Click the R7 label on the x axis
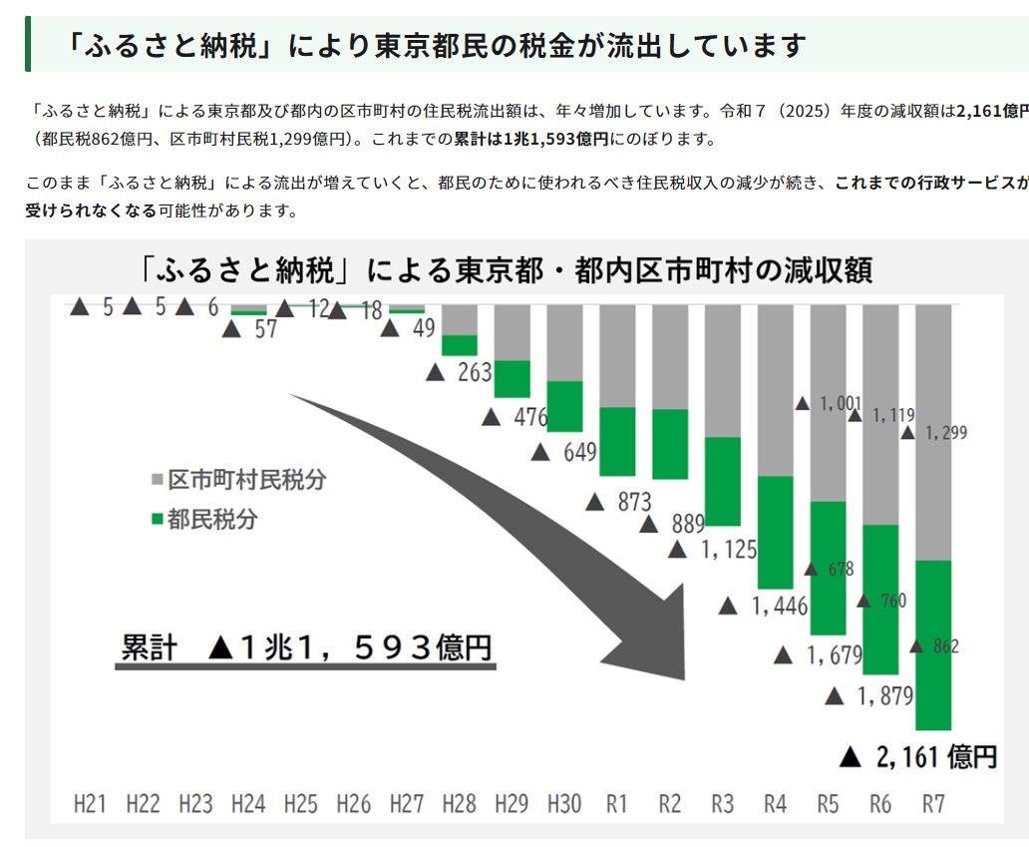(932, 803)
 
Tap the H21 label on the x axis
(91, 803)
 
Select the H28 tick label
(460, 803)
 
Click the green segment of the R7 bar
(932, 644)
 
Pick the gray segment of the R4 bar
(775, 389)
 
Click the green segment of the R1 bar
(617, 441)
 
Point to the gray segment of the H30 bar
(564, 342)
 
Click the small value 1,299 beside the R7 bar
(945, 433)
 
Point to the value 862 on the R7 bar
(945, 646)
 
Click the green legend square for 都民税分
(156, 520)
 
